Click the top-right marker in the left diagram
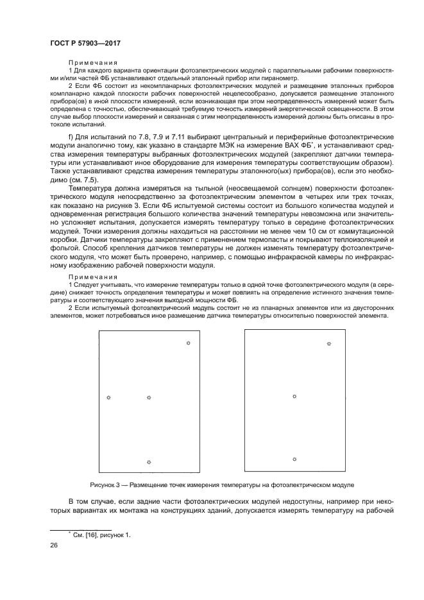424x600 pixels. (x=187, y=343)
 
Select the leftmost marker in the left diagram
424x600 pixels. (x=108, y=398)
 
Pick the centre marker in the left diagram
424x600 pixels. (x=149, y=398)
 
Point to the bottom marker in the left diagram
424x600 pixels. (x=149, y=462)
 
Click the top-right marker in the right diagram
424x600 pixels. (x=329, y=343)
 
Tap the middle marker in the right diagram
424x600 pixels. (x=294, y=397)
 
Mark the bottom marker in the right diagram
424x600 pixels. (x=294, y=459)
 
